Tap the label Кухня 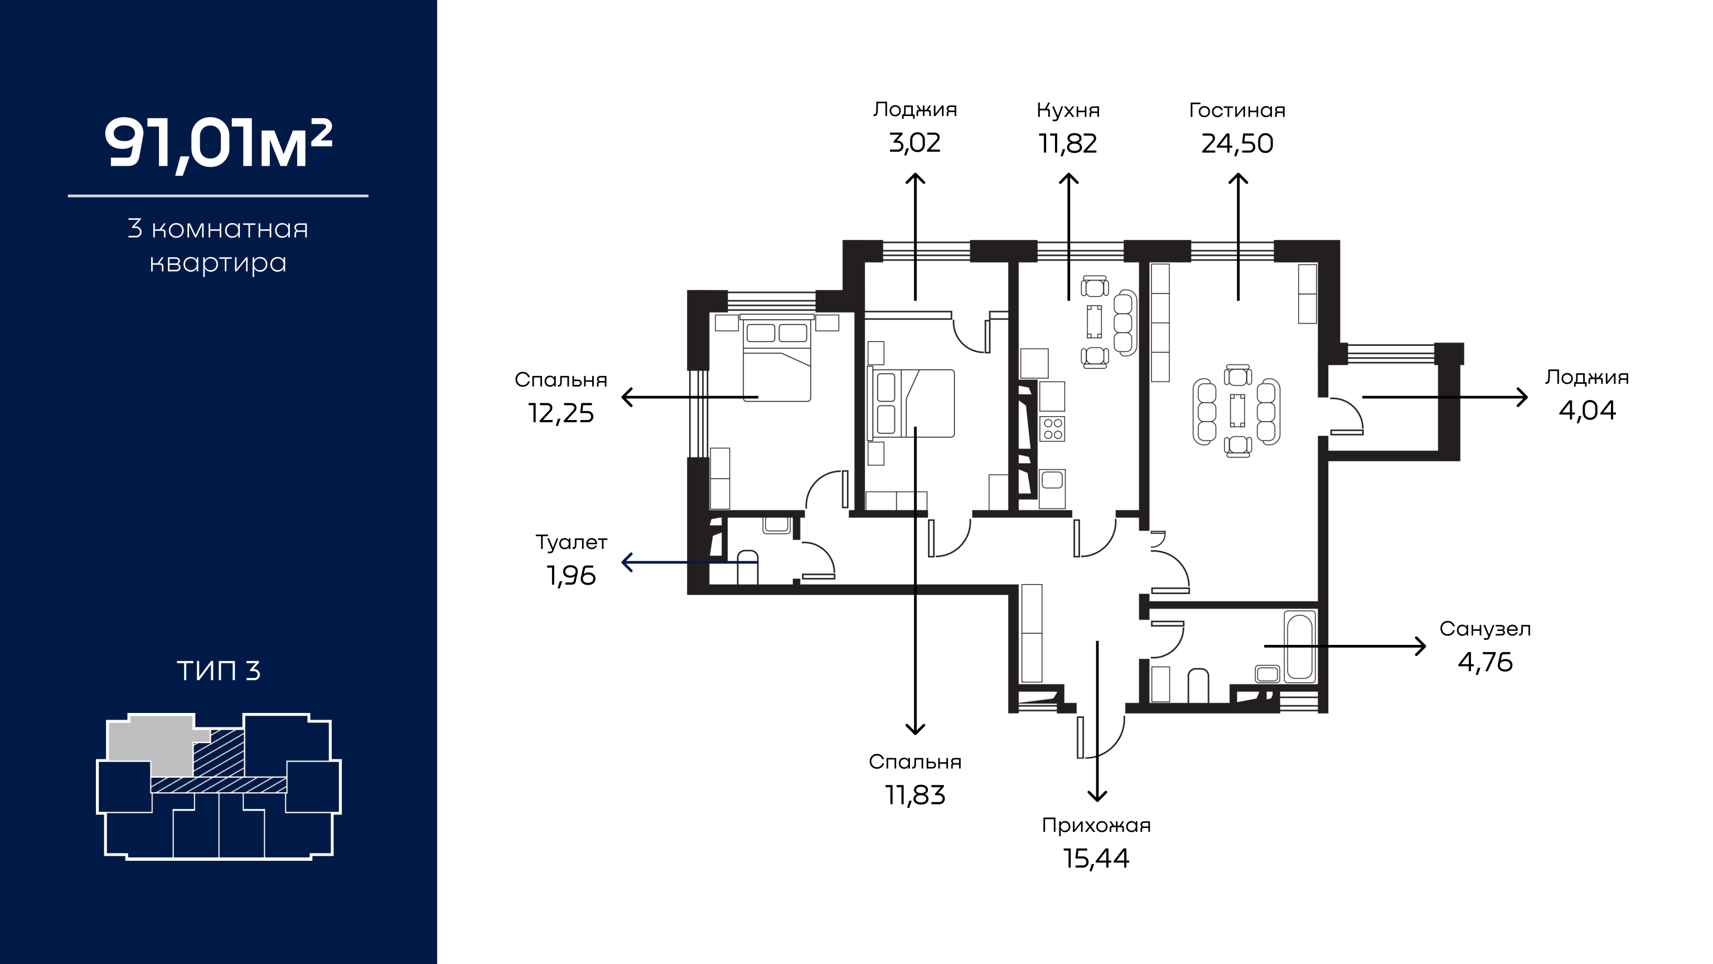tap(1068, 110)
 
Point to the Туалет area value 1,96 tap(570, 576)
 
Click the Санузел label tap(1485, 629)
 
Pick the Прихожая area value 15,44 tap(1096, 858)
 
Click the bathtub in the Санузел tap(1300, 647)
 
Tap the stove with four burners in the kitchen tap(1053, 429)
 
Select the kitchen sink tap(1052, 488)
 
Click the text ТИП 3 tap(218, 671)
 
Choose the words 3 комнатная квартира tap(218, 245)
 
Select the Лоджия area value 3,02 tap(914, 143)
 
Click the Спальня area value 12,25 tap(560, 413)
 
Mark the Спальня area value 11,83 tap(915, 795)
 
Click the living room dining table tap(1237, 411)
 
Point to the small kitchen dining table tap(1094, 321)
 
